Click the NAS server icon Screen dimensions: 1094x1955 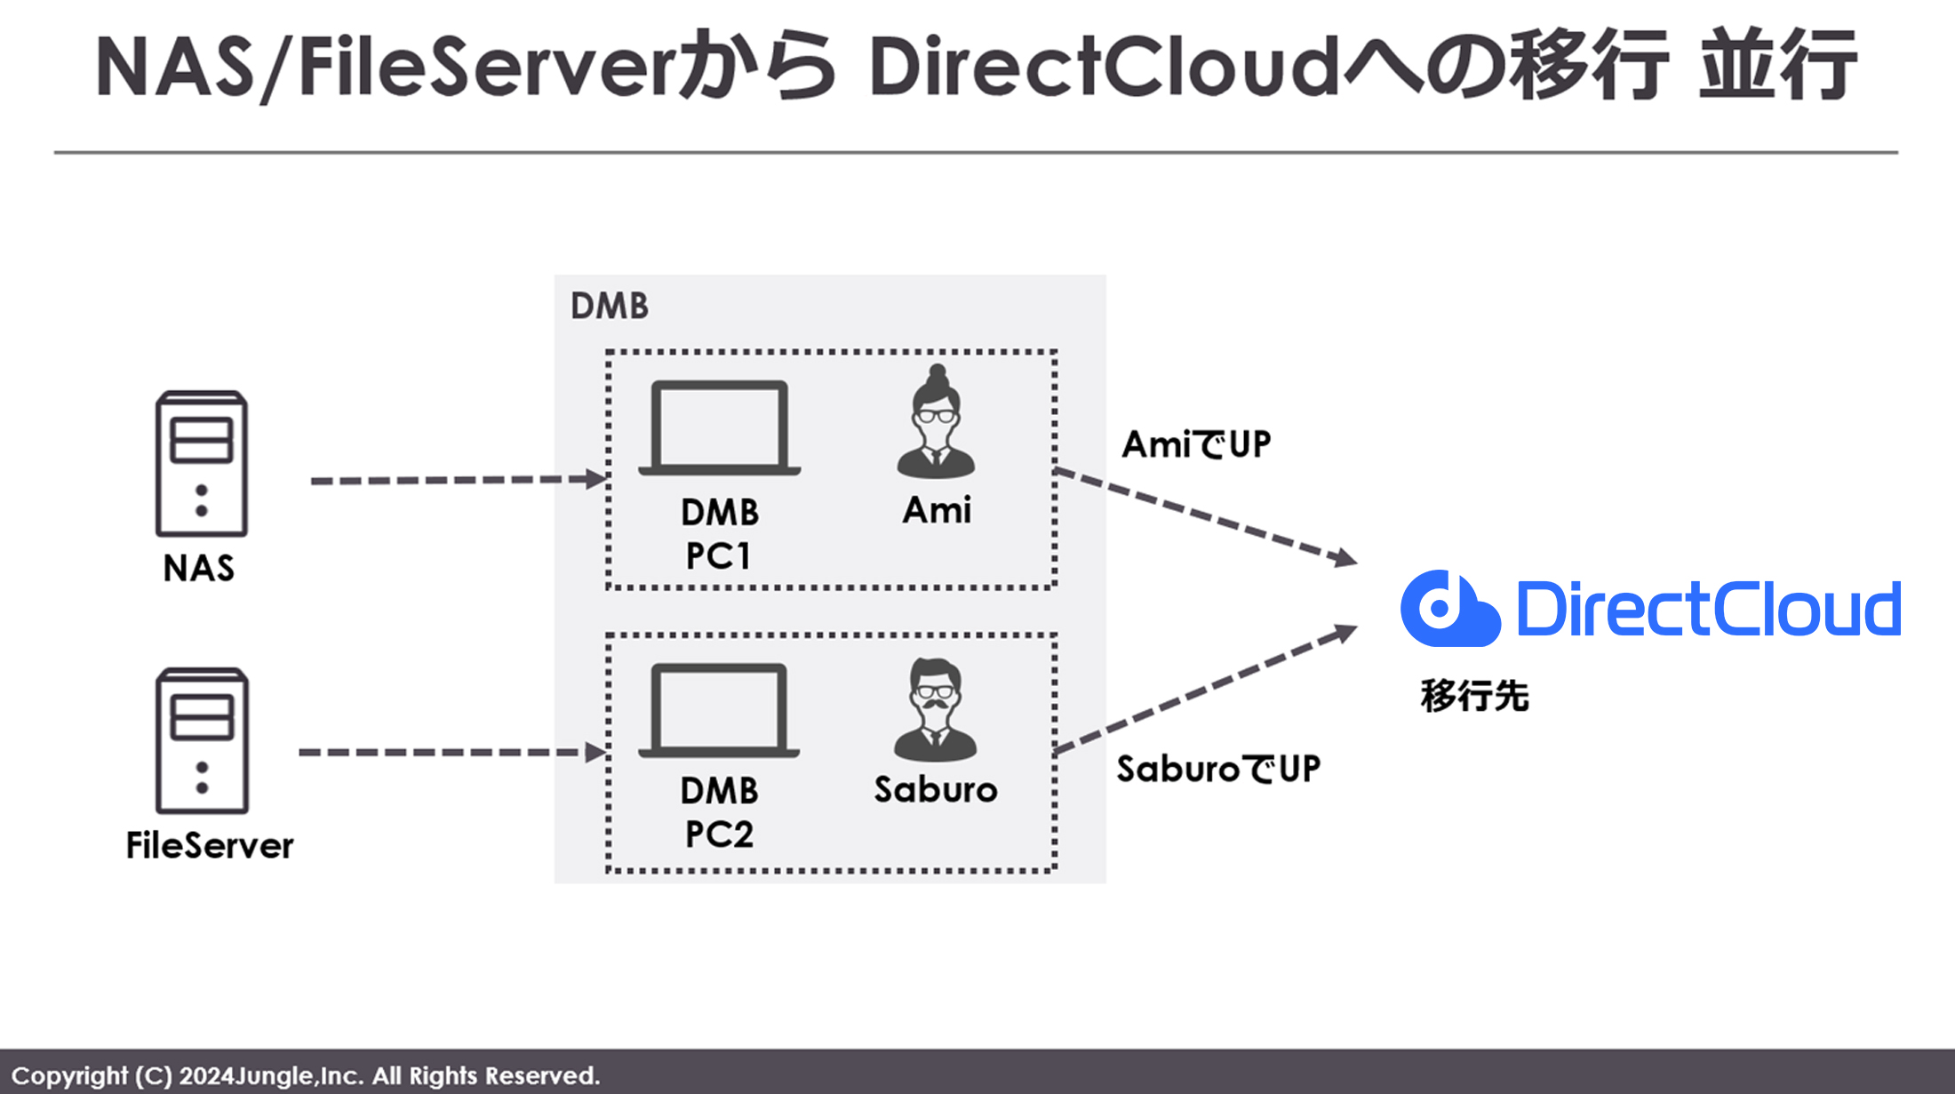pyautogui.click(x=202, y=463)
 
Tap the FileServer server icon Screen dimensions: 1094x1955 pyautogui.click(x=202, y=740)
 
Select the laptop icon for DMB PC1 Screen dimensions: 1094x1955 pyautogui.click(x=719, y=428)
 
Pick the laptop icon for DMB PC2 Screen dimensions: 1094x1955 pyautogui.click(x=719, y=710)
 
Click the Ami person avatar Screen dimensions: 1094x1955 pyautogui.click(x=936, y=423)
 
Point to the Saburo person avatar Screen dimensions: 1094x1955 pyautogui.click(x=935, y=710)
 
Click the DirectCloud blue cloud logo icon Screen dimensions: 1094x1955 pyautogui.click(x=1449, y=609)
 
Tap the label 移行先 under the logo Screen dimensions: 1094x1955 pyautogui.click(x=1474, y=696)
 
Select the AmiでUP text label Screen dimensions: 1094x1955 pyautogui.click(x=1196, y=444)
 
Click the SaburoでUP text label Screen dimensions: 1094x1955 pyautogui.click(x=1218, y=769)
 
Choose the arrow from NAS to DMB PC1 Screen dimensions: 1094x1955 pyautogui.click(x=458, y=480)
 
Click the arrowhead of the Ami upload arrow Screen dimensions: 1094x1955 pyautogui.click(x=1345, y=558)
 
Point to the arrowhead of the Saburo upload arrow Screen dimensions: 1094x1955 pyautogui.click(x=1345, y=633)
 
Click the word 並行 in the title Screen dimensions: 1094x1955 pyautogui.click(x=1777, y=66)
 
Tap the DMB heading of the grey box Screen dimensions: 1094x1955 pyautogui.click(x=610, y=306)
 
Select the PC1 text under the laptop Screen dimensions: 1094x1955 pyautogui.click(x=718, y=556)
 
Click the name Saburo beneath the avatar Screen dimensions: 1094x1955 pyautogui.click(x=936, y=790)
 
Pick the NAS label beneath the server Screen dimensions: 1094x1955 pyautogui.click(x=199, y=568)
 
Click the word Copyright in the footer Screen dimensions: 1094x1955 pyautogui.click(x=69, y=1075)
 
